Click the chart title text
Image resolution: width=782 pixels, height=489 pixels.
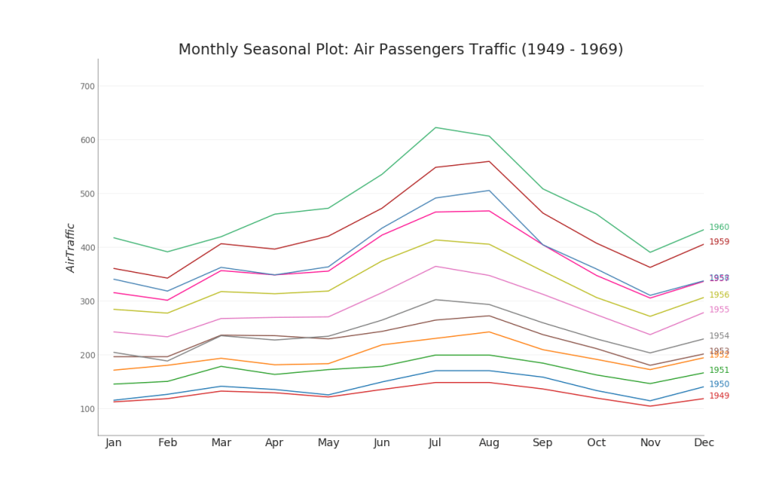coord(400,50)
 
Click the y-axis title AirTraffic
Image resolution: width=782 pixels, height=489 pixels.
coord(71,248)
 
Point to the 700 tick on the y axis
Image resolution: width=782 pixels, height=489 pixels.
coord(87,86)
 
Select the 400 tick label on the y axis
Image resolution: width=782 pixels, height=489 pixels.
coord(87,248)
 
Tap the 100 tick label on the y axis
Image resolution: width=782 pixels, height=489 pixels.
coord(87,409)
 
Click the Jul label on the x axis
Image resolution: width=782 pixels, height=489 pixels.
coord(435,443)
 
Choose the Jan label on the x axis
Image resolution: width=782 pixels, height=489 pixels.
coord(114,443)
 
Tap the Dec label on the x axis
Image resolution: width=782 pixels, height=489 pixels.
coord(703,443)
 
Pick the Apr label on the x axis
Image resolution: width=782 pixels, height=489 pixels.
coord(274,443)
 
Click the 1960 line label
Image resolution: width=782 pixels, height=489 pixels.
coord(719,228)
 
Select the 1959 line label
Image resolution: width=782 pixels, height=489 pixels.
coord(719,242)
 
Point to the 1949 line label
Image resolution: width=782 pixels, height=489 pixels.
coord(719,396)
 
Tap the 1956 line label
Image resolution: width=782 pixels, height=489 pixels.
coord(719,295)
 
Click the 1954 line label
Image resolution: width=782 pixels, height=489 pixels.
coord(719,336)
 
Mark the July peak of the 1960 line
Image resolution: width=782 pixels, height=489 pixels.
coord(435,128)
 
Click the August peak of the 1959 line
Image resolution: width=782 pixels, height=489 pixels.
coord(489,161)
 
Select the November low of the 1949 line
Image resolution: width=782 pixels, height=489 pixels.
coord(650,406)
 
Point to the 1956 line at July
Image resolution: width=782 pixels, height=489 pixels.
coord(435,240)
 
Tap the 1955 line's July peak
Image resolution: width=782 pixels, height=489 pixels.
coord(435,266)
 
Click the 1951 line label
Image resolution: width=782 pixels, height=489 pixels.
coord(719,371)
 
